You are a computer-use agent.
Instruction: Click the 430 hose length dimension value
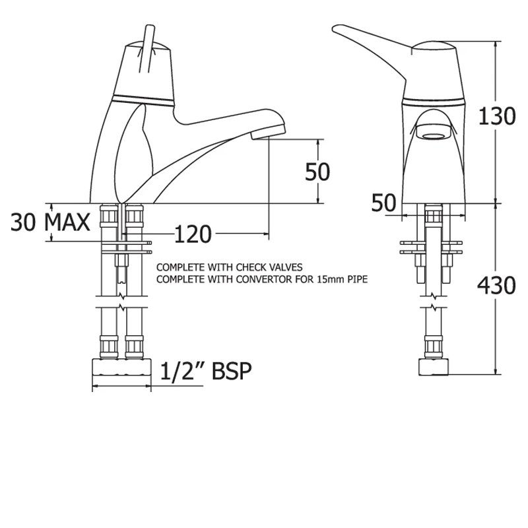[x=496, y=285]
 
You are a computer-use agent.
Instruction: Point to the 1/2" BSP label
[x=207, y=372]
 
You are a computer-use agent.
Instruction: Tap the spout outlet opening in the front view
[x=434, y=137]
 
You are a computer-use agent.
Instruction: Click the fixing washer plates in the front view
[x=434, y=246]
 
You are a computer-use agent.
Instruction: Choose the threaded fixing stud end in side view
[x=121, y=274]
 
